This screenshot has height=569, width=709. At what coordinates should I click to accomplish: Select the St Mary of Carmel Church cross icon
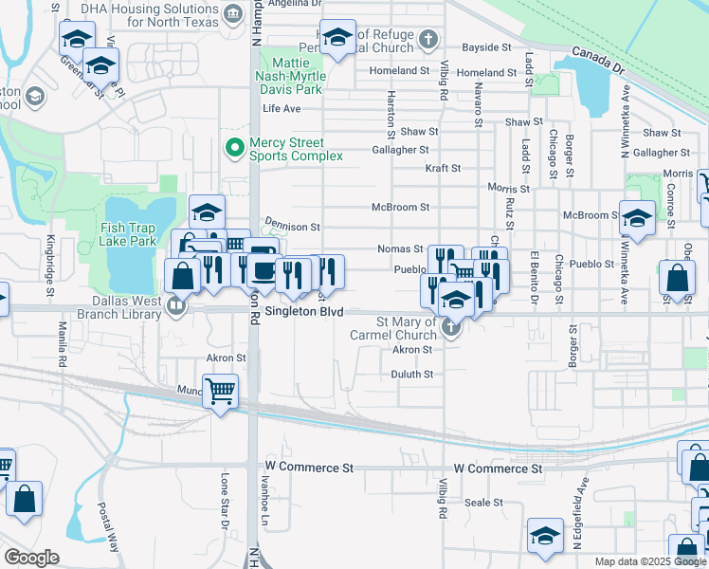(x=452, y=330)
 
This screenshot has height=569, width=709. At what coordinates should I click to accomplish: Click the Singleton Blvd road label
(x=302, y=311)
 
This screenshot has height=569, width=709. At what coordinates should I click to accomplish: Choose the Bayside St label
(x=486, y=47)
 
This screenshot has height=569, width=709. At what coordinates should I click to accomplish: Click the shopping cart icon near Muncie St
(x=220, y=389)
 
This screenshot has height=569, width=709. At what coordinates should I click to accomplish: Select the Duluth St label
(x=411, y=375)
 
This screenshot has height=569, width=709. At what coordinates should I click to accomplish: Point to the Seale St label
(x=482, y=503)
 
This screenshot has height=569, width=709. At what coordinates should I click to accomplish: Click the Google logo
(x=32, y=558)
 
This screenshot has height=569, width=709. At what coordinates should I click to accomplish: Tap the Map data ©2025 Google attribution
(x=649, y=561)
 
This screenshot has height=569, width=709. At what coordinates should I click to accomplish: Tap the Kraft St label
(x=442, y=168)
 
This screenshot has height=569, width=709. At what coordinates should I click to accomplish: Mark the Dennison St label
(x=292, y=228)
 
